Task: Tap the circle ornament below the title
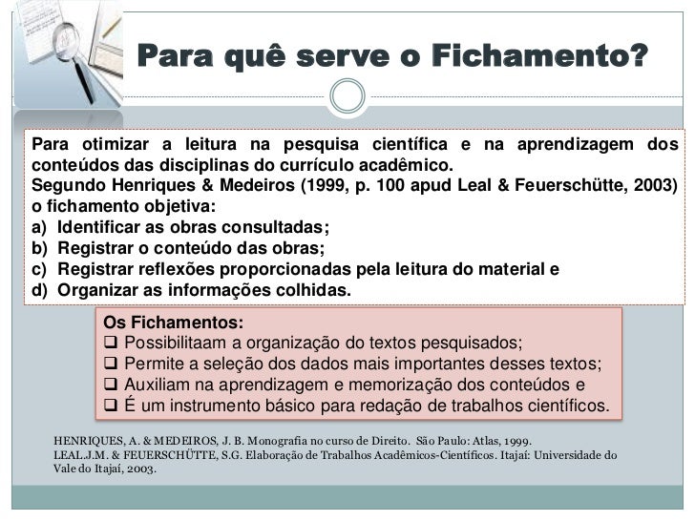(x=347, y=95)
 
